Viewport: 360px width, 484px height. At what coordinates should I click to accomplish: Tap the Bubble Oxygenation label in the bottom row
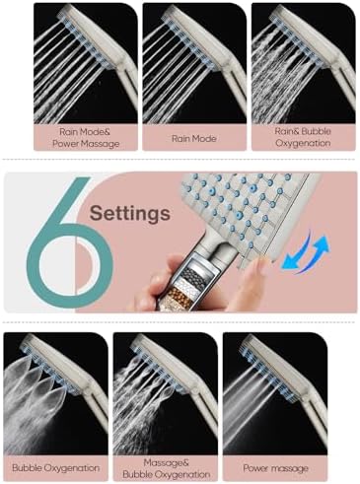(x=56, y=466)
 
